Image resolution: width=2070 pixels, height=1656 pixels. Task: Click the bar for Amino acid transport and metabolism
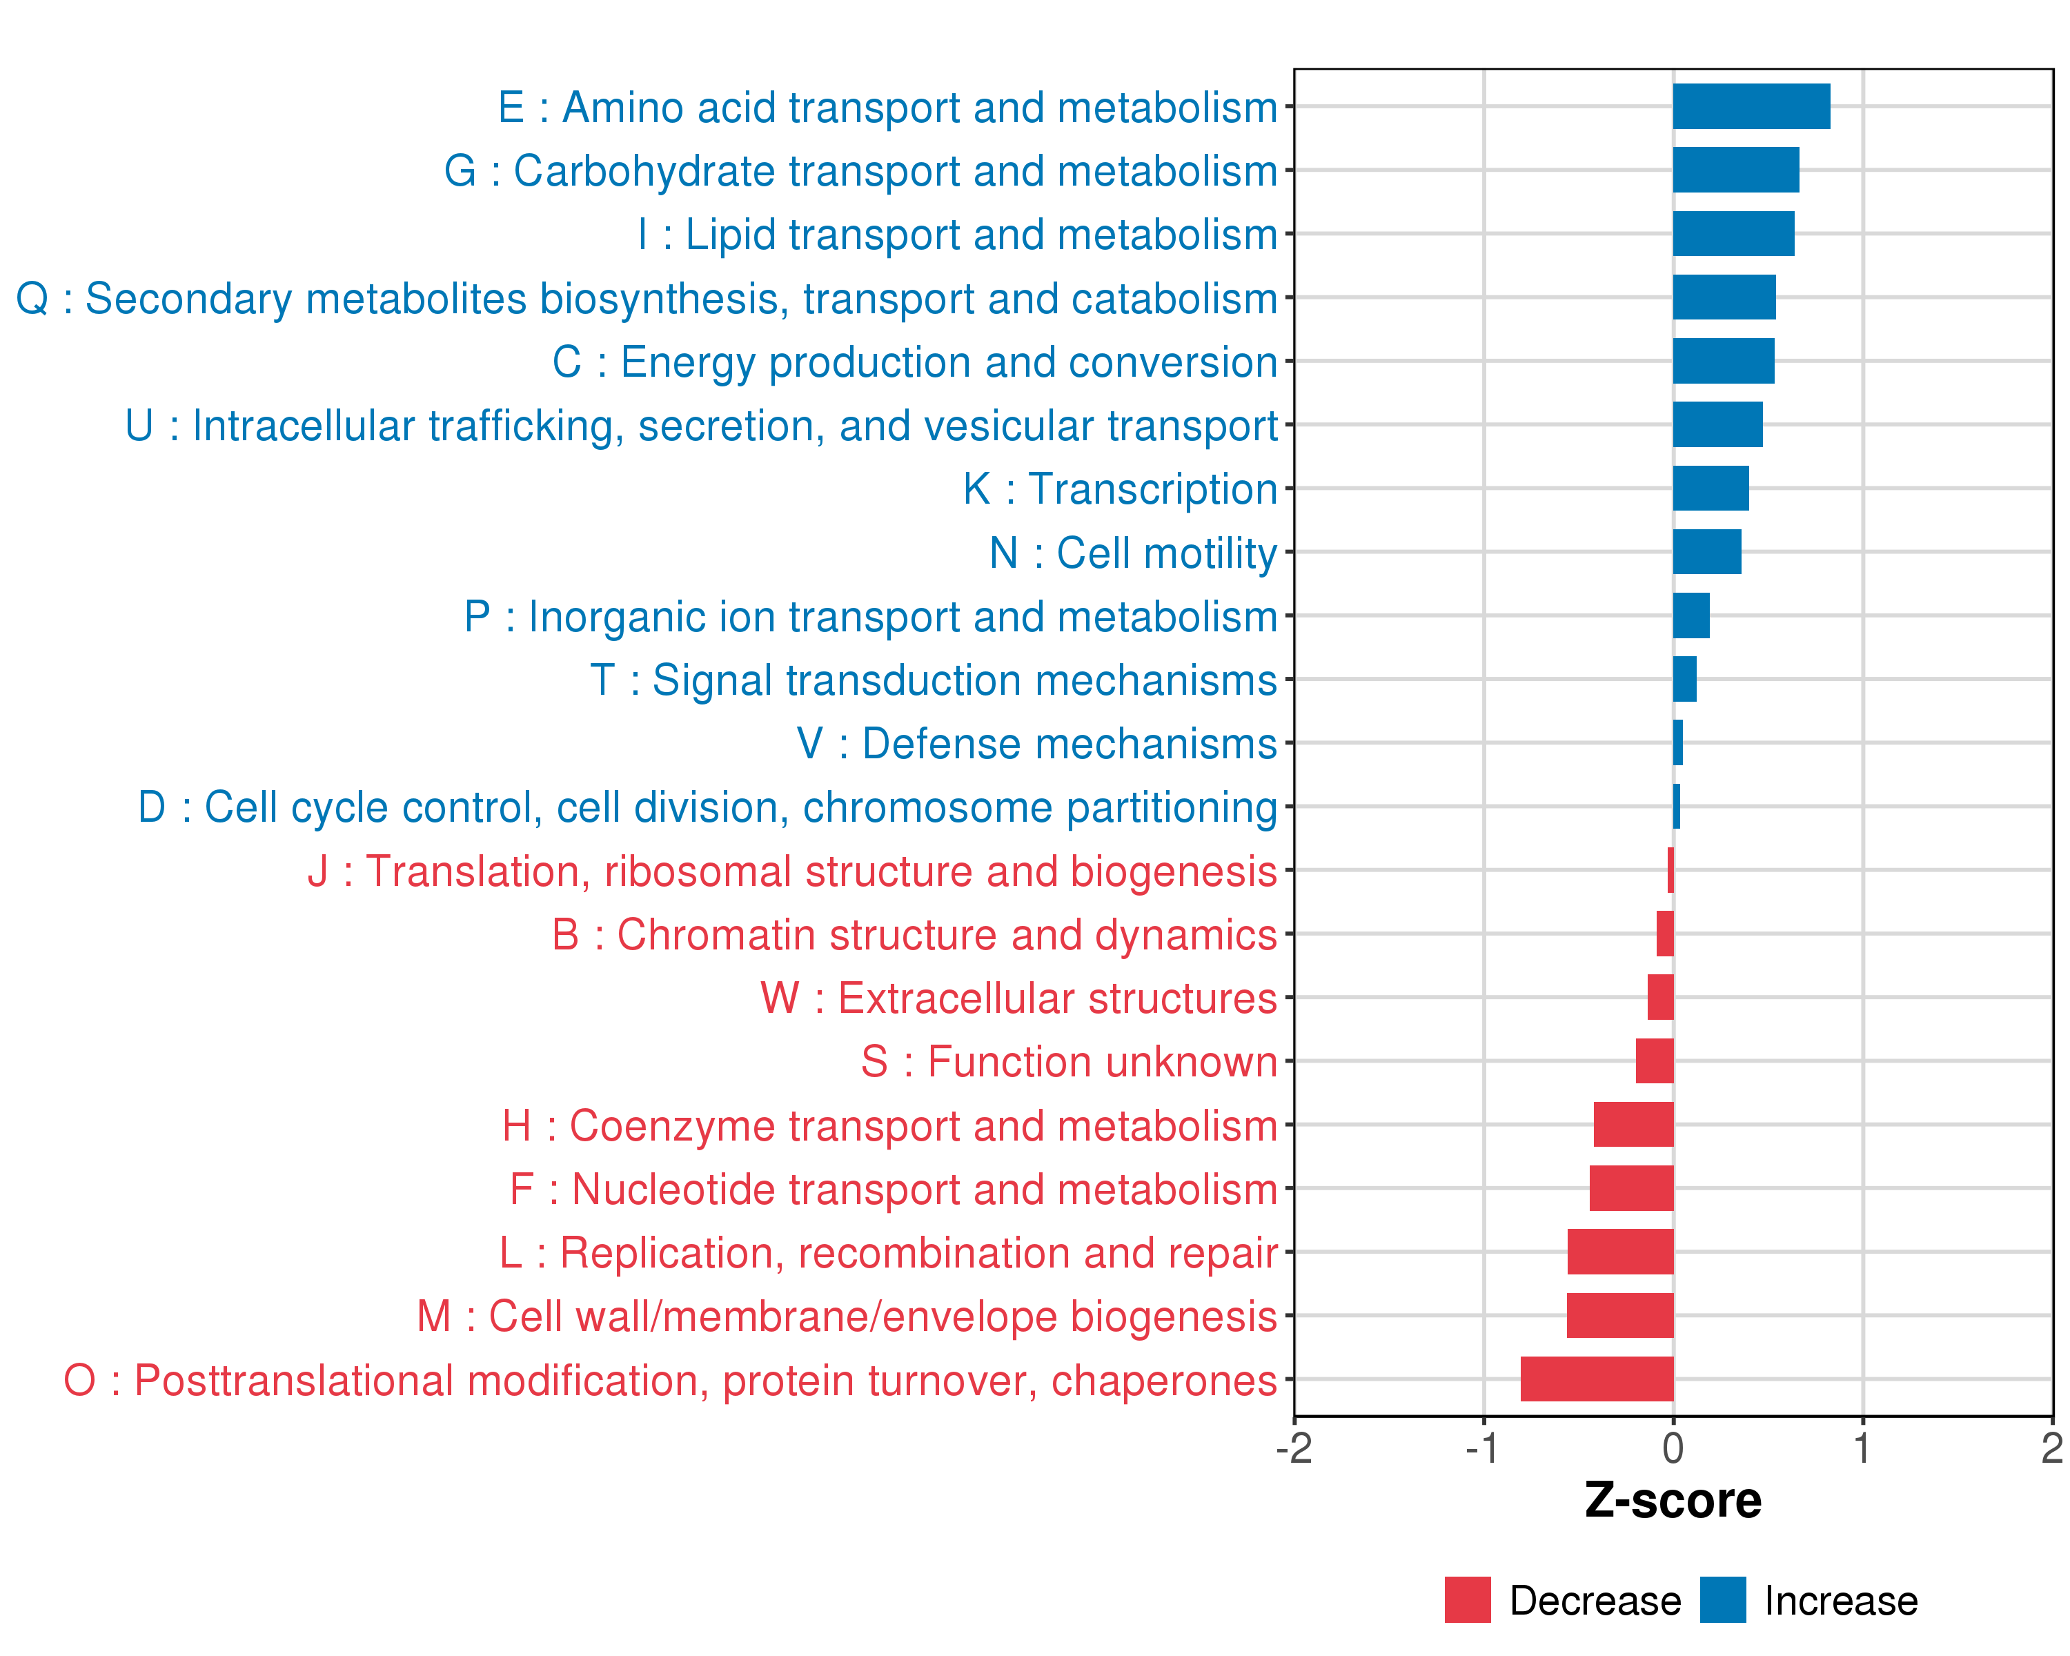click(1751, 106)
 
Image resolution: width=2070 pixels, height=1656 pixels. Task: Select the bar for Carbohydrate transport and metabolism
click(1736, 170)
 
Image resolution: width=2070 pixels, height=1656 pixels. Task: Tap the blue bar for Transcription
click(1711, 489)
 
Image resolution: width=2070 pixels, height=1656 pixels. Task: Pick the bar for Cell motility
click(1707, 552)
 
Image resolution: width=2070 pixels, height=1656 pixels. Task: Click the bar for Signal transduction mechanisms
click(1685, 680)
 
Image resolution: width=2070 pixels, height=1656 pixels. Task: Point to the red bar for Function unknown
click(1655, 1061)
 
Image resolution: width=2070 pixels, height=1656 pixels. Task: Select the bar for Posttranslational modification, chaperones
click(1597, 1379)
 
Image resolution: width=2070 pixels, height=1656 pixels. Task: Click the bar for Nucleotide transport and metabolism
click(1632, 1188)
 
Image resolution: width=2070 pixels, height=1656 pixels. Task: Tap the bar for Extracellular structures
click(1661, 998)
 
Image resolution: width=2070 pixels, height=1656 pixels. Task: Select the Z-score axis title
click(1673, 1501)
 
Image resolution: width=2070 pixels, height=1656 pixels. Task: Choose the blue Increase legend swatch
click(1724, 1600)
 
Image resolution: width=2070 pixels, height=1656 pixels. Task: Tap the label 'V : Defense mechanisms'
click(1037, 744)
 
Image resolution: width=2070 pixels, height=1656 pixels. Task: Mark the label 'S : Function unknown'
click(1069, 1063)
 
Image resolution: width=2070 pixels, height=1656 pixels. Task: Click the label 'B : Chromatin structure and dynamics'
click(914, 935)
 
